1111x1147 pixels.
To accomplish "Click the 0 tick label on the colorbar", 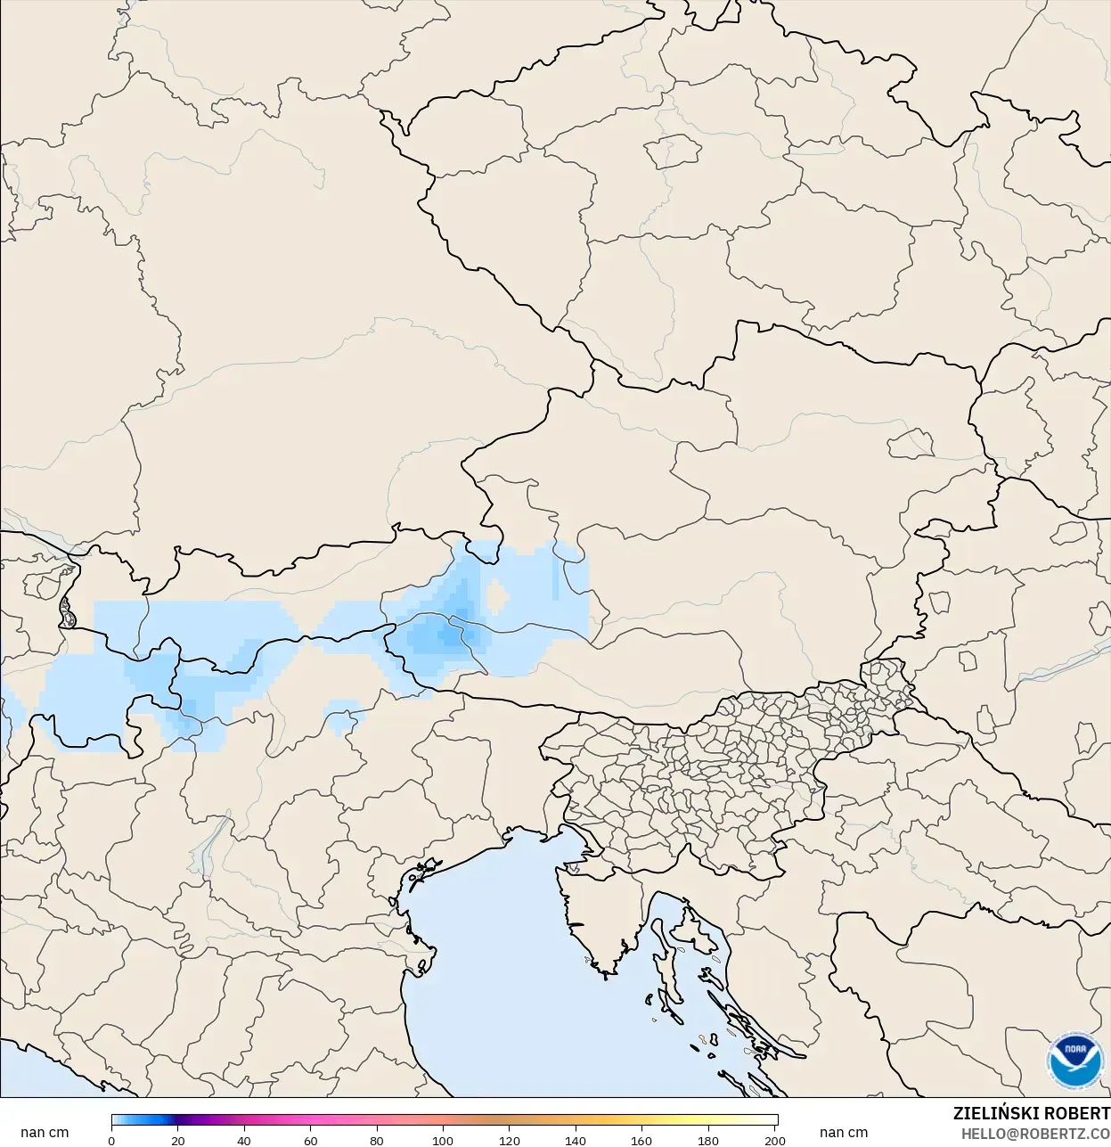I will [111, 1140].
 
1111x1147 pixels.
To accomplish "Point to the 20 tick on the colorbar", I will [178, 1140].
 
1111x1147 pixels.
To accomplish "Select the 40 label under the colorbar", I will [244, 1140].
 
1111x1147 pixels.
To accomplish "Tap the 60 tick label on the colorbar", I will [310, 1140].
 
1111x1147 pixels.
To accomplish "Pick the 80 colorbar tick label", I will [377, 1140].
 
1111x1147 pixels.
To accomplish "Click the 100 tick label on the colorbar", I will [443, 1140].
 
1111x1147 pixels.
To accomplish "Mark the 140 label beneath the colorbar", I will [576, 1140].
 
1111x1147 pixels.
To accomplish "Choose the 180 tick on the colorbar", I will [708, 1140].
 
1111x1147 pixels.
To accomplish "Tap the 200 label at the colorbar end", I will [775, 1140].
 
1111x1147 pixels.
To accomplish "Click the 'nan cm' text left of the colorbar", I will [45, 1133].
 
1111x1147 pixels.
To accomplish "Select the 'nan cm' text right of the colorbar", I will [843, 1133].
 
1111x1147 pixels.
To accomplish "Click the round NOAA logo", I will [1074, 1061].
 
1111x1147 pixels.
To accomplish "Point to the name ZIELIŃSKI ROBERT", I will [1031, 1113].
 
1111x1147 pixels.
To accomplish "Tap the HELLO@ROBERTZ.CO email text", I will [1035, 1134].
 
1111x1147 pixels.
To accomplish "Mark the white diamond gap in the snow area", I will [495, 595].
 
